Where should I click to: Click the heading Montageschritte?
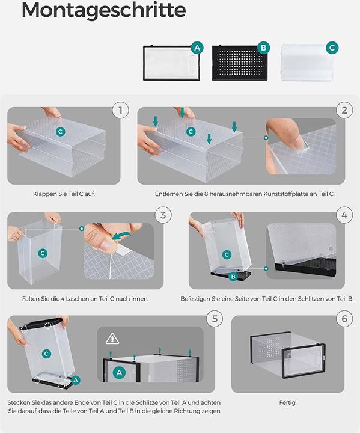point(103,10)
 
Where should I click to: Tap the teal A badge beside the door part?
point(197,48)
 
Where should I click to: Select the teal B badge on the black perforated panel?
point(263,48)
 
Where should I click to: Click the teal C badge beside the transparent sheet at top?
point(332,48)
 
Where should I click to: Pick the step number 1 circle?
point(120,111)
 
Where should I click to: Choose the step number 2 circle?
point(344,111)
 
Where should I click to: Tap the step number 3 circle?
point(163,215)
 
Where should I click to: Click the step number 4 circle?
point(344,215)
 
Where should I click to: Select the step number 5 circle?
point(215,319)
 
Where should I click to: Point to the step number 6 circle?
point(344,319)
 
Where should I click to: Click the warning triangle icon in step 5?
point(112,339)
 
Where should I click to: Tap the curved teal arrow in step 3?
point(121,236)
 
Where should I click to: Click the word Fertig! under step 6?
point(288,402)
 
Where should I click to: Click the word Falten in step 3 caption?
point(30,299)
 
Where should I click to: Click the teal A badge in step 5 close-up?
point(119,373)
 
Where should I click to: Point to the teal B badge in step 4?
point(233,277)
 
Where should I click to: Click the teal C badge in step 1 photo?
point(61,132)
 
